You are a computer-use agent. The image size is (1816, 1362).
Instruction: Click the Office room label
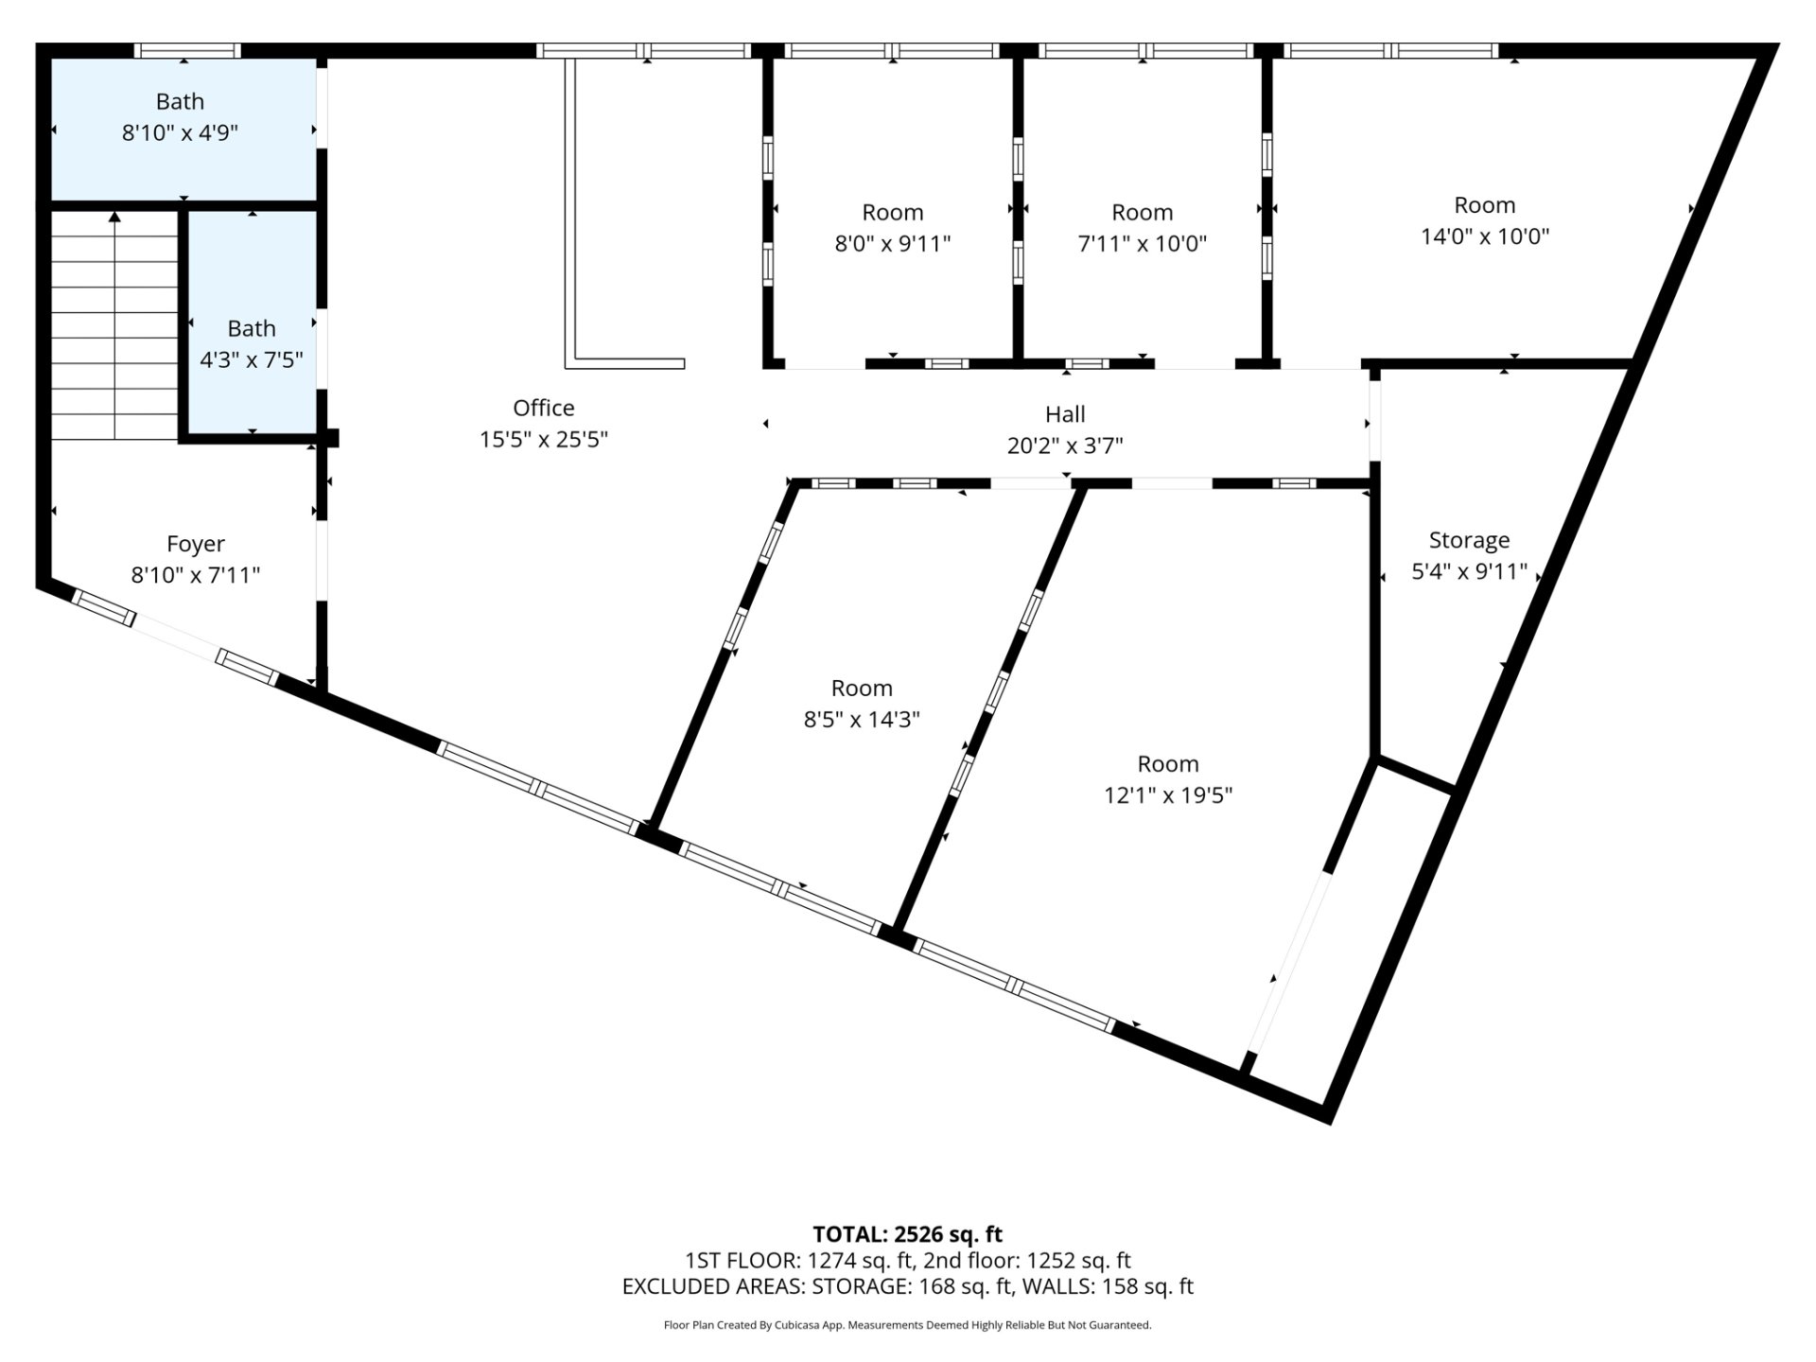[x=544, y=408]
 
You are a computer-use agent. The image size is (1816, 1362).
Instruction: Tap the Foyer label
[x=196, y=544]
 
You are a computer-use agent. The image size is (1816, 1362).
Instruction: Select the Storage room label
[x=1469, y=540]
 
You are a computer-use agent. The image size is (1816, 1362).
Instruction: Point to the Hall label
[x=1065, y=413]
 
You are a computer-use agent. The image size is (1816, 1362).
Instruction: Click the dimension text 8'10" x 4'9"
[x=180, y=132]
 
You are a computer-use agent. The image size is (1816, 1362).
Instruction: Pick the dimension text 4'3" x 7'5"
[x=252, y=359]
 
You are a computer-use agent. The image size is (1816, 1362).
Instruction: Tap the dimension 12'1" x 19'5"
[x=1168, y=794]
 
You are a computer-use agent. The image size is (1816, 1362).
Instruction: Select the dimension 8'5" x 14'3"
[x=862, y=719]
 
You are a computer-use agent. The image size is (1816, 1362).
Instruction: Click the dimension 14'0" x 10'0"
[x=1485, y=236]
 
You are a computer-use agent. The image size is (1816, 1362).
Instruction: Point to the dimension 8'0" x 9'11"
[x=892, y=243]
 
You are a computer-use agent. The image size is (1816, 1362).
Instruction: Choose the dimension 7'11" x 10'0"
[x=1143, y=243]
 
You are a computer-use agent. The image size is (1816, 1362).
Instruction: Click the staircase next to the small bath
[x=114, y=325]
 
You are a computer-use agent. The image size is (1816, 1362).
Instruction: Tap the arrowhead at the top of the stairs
[x=114, y=217]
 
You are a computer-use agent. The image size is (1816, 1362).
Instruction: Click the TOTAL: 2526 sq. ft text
[x=908, y=1234]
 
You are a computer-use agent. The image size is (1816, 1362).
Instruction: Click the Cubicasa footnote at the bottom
[x=908, y=1325]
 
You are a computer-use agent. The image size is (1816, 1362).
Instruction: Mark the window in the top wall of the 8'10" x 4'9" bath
[x=186, y=51]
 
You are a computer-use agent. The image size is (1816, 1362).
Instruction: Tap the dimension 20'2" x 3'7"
[x=1065, y=445]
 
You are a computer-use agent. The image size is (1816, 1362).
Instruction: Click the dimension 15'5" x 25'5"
[x=544, y=439]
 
